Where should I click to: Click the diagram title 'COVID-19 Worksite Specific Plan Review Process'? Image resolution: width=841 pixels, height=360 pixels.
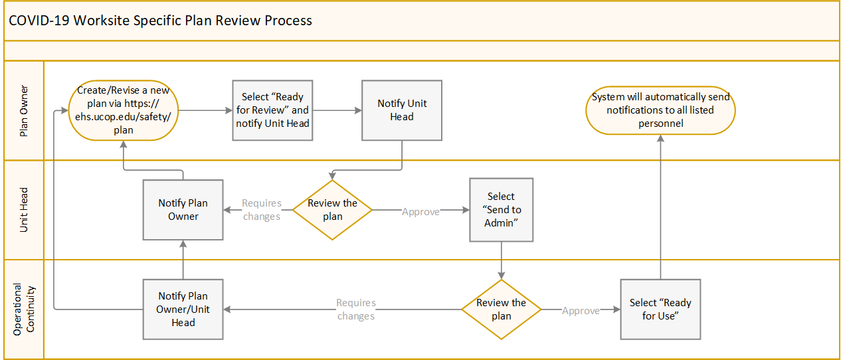tap(160, 21)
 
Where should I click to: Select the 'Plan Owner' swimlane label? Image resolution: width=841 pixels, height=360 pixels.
tap(24, 111)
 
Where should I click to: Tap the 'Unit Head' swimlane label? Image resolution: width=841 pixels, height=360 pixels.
tap(24, 210)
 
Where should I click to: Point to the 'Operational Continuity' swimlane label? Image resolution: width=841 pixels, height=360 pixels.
tap(24, 310)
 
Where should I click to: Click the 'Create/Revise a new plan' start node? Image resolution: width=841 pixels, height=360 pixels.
tap(124, 110)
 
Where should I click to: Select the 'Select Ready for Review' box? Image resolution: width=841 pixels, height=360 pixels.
tap(272, 110)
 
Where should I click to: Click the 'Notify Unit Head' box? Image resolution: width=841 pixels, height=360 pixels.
tap(402, 110)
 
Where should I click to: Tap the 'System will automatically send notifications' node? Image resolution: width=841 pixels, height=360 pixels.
tap(660, 110)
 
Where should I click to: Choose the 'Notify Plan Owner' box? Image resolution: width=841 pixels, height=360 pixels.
tap(183, 210)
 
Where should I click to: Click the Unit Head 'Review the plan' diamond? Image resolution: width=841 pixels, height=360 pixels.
tap(332, 210)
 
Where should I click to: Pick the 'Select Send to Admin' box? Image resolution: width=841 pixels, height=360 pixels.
tap(502, 210)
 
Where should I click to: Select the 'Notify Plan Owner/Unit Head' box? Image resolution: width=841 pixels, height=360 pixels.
tap(183, 310)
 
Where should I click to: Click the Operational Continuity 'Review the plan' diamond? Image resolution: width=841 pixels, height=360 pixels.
tap(502, 310)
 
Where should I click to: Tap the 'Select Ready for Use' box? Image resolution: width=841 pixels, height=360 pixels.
tap(660, 310)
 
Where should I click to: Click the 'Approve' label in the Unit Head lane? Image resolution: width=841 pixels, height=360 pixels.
tap(421, 212)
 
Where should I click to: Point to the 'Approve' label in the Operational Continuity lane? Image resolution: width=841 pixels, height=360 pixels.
tap(581, 311)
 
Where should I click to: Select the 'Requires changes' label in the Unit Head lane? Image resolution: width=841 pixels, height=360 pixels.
tap(262, 210)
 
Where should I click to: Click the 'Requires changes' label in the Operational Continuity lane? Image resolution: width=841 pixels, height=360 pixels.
tap(356, 310)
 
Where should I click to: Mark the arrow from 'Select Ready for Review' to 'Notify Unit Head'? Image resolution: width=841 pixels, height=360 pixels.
tap(337, 110)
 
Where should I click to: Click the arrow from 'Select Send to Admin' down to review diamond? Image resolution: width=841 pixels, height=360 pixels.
tap(502, 260)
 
